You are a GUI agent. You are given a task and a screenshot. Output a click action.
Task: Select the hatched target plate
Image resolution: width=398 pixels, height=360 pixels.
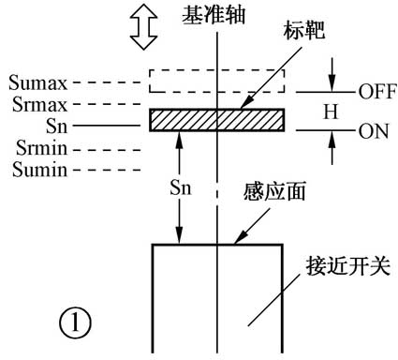216,122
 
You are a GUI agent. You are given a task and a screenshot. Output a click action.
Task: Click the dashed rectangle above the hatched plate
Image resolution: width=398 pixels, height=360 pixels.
216,81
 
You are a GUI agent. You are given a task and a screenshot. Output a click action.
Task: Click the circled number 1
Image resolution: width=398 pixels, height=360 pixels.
75,323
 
